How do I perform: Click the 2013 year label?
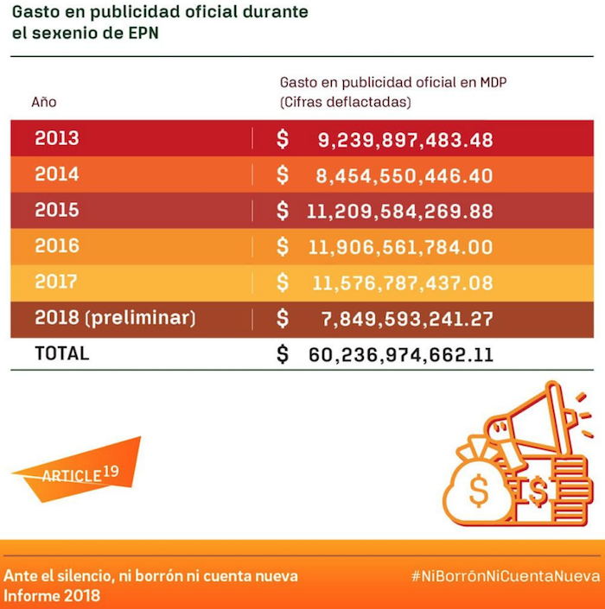57,138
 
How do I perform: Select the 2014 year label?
57,174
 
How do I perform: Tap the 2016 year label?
57,246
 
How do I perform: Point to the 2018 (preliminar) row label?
115,318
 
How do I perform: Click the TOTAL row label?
61,353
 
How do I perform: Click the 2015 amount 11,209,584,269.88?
399,212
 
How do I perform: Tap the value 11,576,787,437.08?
399,283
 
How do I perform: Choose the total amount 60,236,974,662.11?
400,355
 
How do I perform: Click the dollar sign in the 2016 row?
283,247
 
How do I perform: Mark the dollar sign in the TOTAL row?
283,354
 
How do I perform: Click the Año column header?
44,102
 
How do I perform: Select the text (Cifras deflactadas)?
345,102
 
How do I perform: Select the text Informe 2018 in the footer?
53,595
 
